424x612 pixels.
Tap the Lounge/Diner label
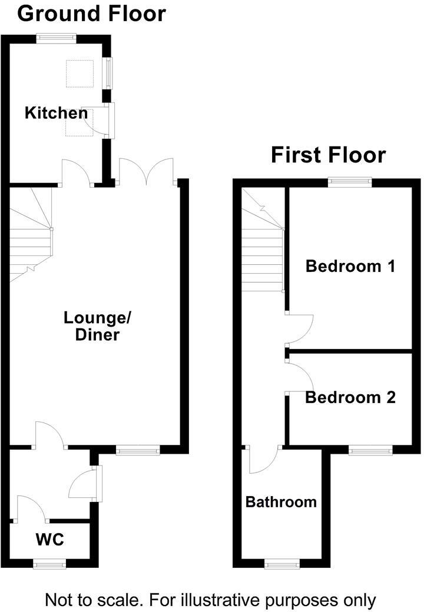click(x=92, y=326)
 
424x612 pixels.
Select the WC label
click(x=49, y=539)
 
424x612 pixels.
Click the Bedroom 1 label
click(x=350, y=267)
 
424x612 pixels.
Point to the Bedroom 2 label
click(x=350, y=398)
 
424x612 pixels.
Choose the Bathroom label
click(x=281, y=502)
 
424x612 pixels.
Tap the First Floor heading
click(x=328, y=155)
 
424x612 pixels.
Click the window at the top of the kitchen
click(x=56, y=38)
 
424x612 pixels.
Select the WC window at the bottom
click(x=49, y=564)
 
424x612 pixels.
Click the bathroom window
click(x=281, y=564)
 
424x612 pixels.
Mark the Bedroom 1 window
click(x=350, y=182)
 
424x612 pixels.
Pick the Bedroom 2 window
click(x=370, y=451)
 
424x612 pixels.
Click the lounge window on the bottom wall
click(x=138, y=451)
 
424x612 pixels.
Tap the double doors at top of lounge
click(x=147, y=172)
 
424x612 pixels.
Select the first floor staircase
click(x=262, y=247)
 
